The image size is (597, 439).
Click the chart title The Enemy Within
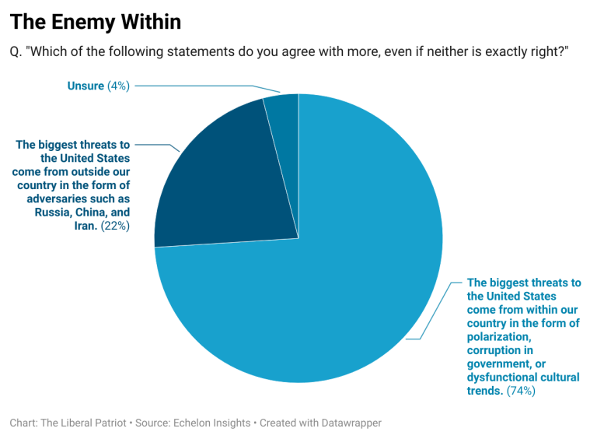(95, 22)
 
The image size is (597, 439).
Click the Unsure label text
(85, 86)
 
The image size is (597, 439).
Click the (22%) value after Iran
(115, 226)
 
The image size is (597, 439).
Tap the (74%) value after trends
(520, 391)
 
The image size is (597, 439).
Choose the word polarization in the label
(498, 337)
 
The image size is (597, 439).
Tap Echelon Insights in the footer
(215, 423)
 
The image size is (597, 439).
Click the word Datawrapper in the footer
(347, 423)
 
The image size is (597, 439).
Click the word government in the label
(498, 364)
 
